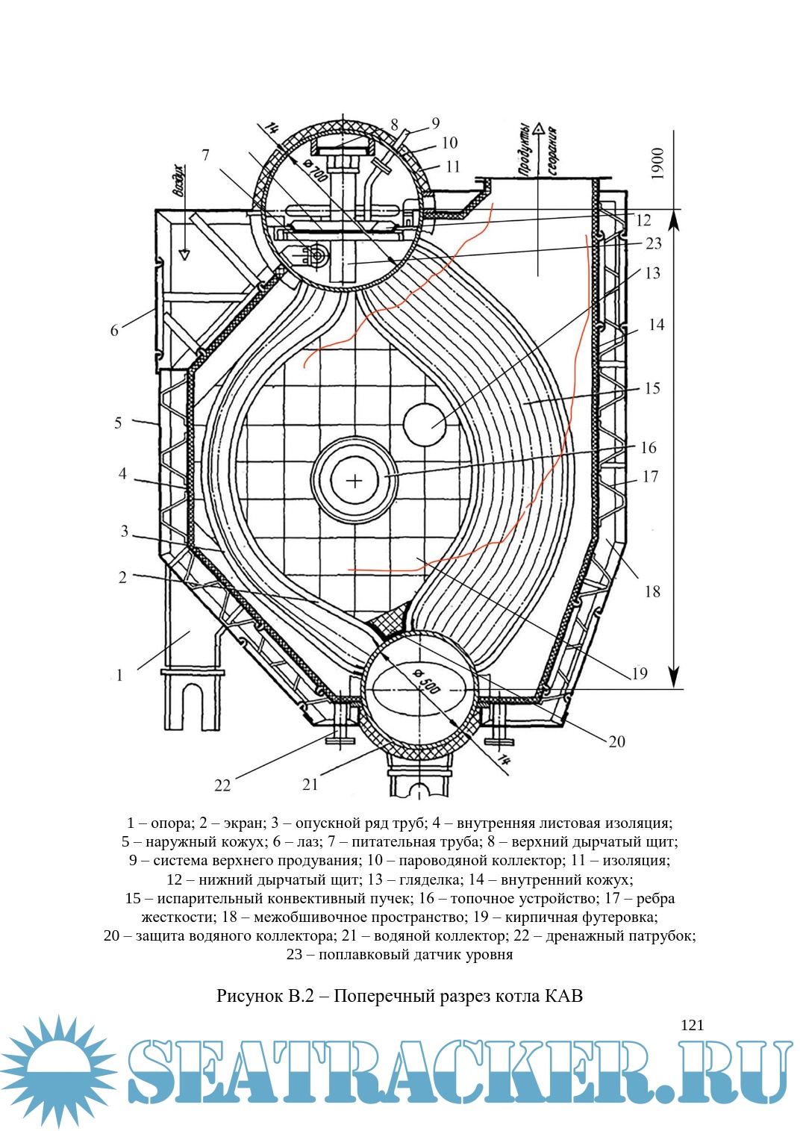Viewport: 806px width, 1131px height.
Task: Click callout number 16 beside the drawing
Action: click(x=648, y=447)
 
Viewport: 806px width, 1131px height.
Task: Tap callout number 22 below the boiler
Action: click(x=222, y=785)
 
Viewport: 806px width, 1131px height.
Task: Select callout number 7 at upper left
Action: click(x=205, y=155)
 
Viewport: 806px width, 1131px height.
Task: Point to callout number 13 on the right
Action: click(x=652, y=273)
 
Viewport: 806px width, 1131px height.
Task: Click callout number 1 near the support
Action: click(x=119, y=675)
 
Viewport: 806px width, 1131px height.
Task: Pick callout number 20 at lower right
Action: click(x=616, y=741)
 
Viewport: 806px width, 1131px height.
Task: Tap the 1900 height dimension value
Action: click(x=657, y=163)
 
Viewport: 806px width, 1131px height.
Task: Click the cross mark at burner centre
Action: click(x=354, y=480)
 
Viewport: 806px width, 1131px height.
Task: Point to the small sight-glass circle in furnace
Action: click(x=424, y=423)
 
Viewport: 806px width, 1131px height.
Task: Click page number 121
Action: click(x=692, y=1025)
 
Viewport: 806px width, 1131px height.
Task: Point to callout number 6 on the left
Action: click(x=114, y=330)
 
